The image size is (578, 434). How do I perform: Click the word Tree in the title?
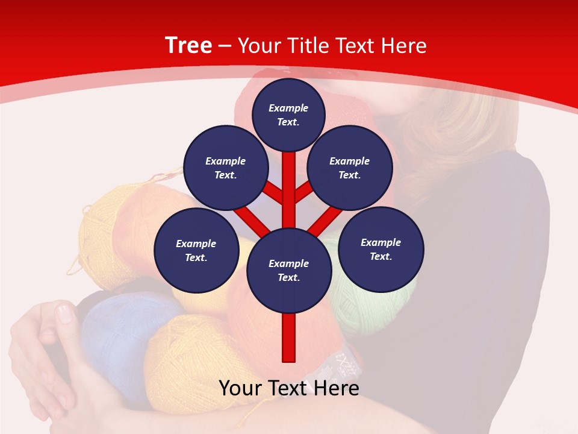point(188,45)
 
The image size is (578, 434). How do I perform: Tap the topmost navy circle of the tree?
point(288,115)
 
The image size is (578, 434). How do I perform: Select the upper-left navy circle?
point(225,168)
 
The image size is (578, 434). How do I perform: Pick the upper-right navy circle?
point(349,168)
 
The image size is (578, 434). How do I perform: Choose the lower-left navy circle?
point(196,250)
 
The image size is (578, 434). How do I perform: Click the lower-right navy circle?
point(381,249)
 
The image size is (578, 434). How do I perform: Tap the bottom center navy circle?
point(288,270)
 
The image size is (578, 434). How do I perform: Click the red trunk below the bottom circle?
point(289,338)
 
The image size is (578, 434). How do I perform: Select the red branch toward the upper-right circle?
point(304,192)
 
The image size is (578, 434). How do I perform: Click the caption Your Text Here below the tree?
point(289,388)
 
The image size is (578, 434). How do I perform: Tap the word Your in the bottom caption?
point(241,388)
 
